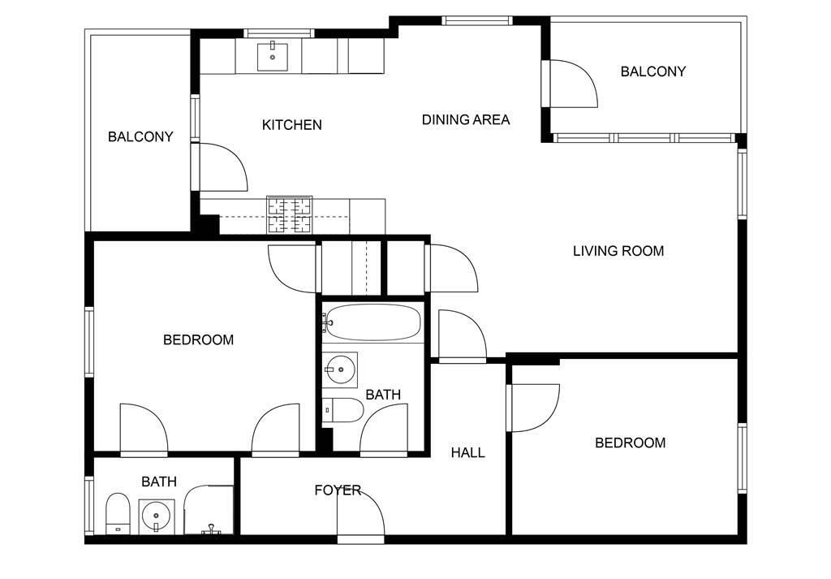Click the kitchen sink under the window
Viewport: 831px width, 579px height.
(273, 58)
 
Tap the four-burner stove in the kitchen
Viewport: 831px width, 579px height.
(290, 214)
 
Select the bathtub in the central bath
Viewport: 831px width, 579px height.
(373, 322)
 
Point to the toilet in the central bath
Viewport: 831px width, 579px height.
(343, 410)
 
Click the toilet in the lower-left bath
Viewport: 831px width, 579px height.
(118, 513)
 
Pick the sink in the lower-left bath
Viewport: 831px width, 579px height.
(157, 516)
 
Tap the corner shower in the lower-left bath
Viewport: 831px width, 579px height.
(209, 509)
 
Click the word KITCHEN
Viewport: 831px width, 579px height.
(292, 125)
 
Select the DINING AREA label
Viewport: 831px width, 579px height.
(466, 120)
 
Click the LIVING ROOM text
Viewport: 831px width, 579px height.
(618, 251)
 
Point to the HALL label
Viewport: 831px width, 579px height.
(468, 452)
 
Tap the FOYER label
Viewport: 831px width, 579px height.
(338, 490)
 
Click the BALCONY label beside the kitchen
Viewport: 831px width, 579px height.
(140, 136)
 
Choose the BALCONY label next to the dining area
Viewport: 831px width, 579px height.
(653, 71)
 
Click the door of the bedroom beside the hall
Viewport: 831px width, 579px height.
(532, 408)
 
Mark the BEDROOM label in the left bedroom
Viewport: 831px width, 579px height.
(198, 340)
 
